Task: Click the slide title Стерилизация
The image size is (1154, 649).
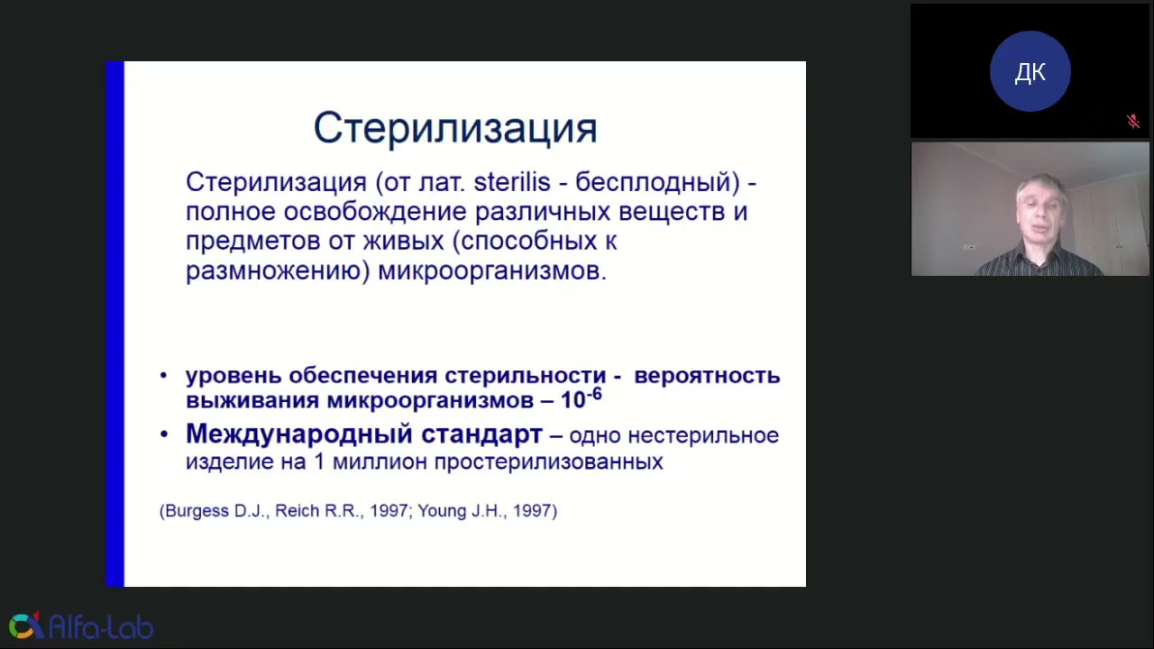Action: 455,129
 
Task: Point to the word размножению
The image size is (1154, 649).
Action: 277,271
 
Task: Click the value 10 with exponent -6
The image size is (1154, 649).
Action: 581,399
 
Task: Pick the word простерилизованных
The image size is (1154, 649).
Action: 548,462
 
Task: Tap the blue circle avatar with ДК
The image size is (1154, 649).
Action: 1030,72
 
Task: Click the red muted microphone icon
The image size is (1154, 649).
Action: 1133,122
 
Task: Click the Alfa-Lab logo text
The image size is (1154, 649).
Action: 101,627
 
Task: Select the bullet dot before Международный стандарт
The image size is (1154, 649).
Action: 164,435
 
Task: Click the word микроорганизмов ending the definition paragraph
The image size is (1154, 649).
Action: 491,271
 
